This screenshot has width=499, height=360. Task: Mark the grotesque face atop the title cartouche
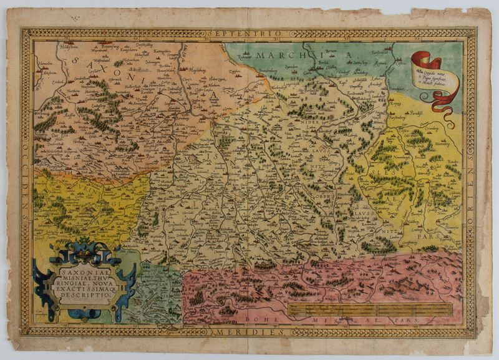(x=81, y=248)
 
